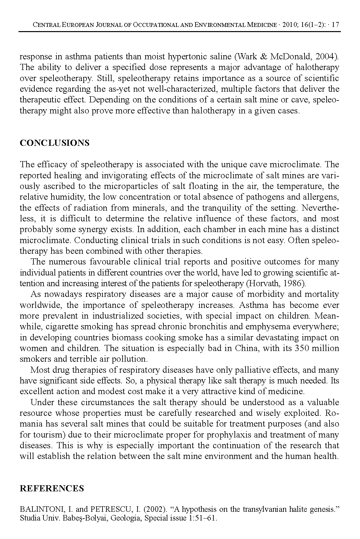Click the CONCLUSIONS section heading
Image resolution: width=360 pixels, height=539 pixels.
(x=54, y=143)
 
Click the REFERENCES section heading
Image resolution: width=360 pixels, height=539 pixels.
(x=52, y=489)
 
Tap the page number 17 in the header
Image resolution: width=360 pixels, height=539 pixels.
(x=336, y=25)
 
